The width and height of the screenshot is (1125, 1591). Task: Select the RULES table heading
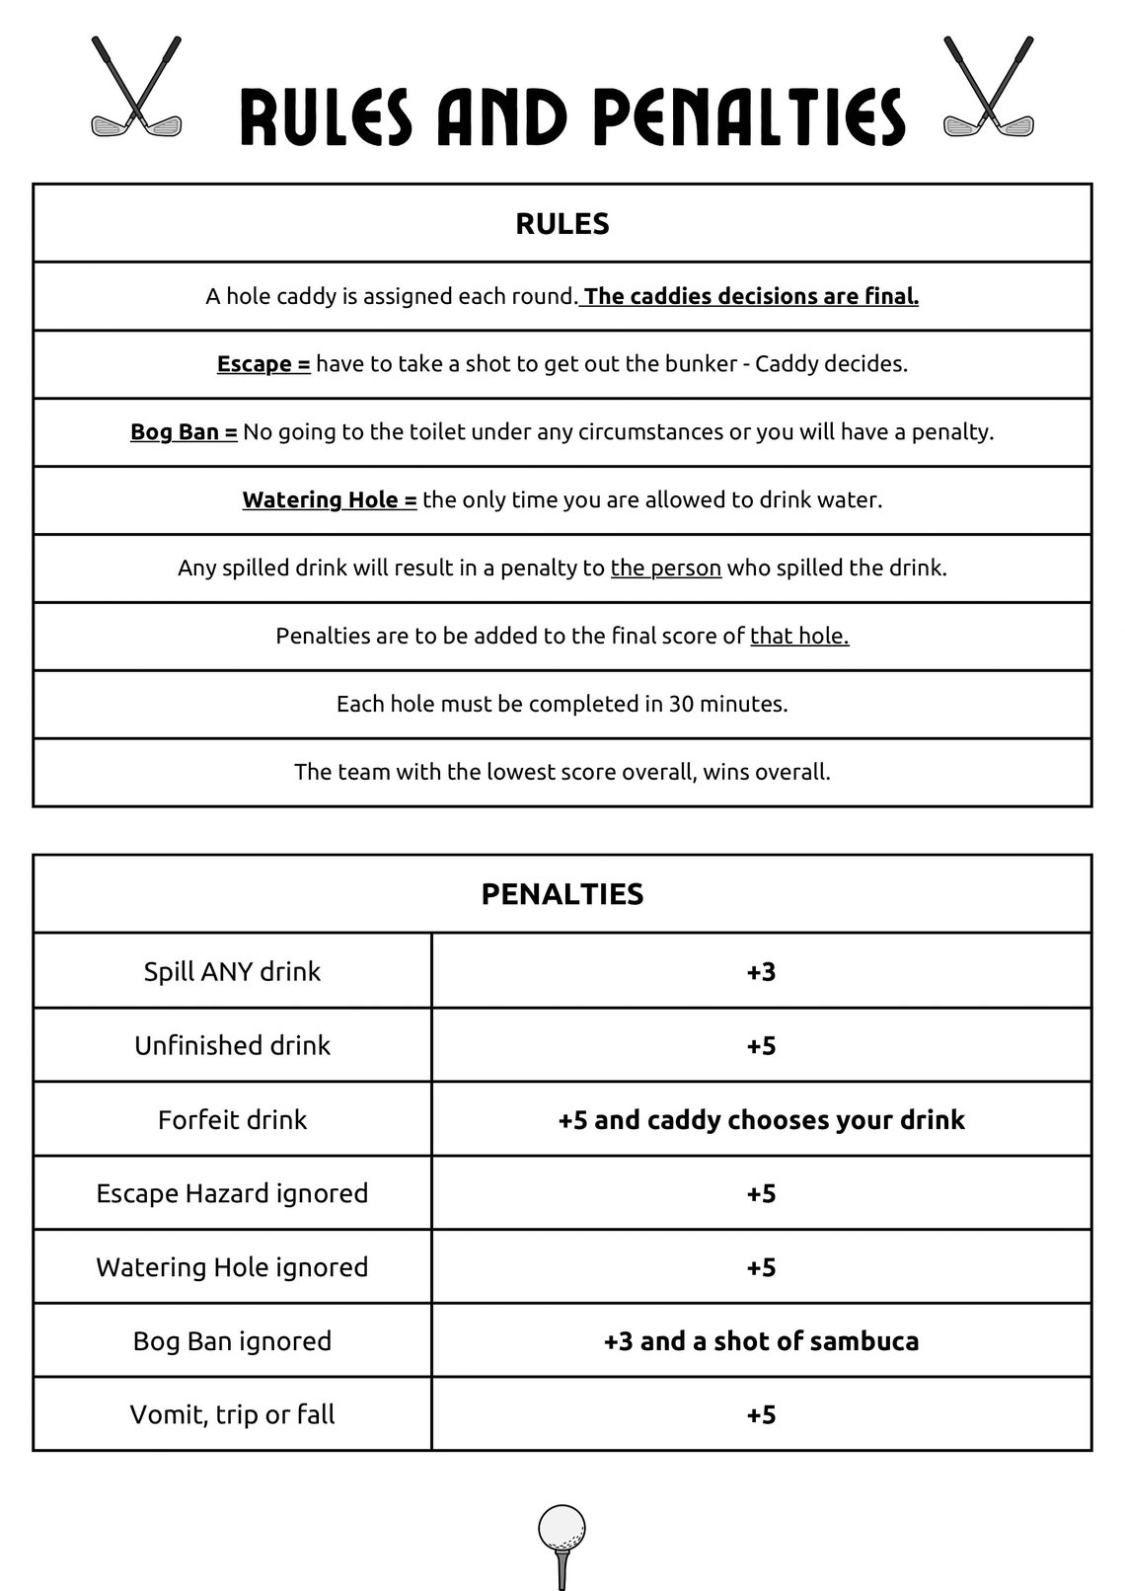tap(562, 224)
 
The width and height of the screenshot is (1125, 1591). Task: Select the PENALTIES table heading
tap(562, 894)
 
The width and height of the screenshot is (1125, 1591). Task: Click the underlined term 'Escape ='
tap(263, 364)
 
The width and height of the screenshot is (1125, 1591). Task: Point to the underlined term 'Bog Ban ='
tap(184, 432)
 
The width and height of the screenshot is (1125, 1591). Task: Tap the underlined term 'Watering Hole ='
tap(330, 500)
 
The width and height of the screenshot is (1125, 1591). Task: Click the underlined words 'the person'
tap(666, 568)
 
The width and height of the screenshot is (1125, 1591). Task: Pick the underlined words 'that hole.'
tap(799, 637)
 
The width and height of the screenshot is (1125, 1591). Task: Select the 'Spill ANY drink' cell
tap(233, 971)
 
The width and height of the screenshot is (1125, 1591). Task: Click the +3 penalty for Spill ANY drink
tap(761, 971)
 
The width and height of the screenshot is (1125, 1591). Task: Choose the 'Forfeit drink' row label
tap(233, 1119)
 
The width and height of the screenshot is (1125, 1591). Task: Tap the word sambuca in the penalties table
tap(866, 1341)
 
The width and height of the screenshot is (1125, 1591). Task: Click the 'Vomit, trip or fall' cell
tap(233, 1414)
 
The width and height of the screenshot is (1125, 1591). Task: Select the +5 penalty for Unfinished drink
tap(761, 1045)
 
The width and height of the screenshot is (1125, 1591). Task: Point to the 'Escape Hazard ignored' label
tap(233, 1193)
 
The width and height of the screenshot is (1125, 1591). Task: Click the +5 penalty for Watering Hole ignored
tap(761, 1267)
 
